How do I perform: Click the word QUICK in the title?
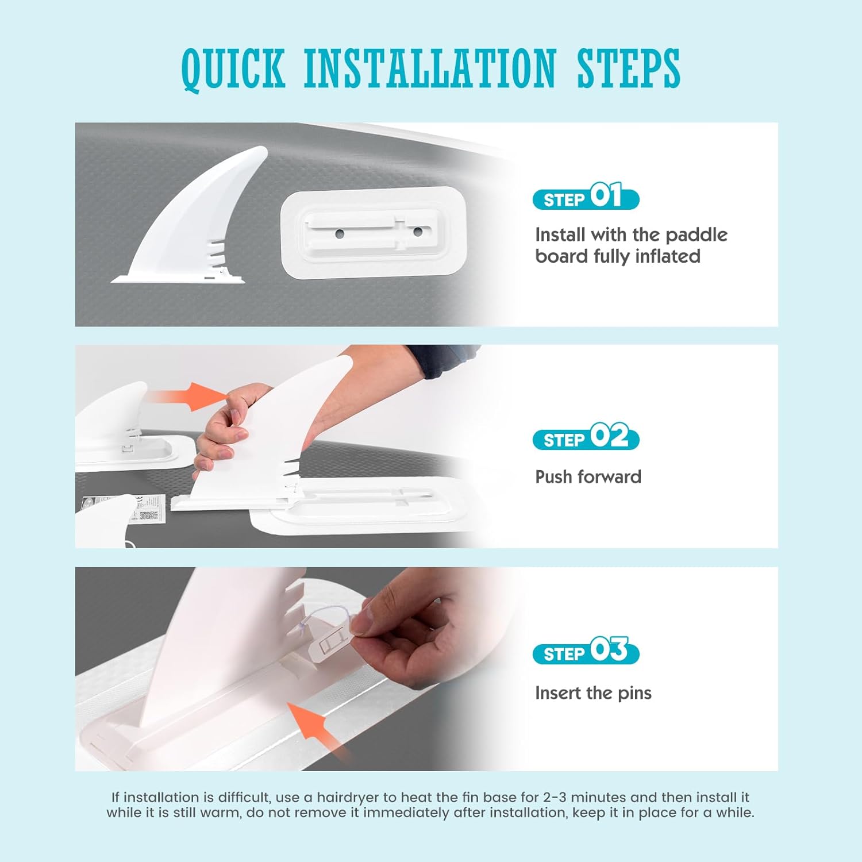click(x=233, y=69)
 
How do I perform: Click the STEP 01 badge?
click(x=586, y=197)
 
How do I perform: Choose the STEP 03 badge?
click(x=586, y=651)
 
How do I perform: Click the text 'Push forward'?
click(x=588, y=476)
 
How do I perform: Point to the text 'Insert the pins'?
click(x=593, y=693)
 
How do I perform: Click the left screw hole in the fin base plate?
click(x=340, y=233)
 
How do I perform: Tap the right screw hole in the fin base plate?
click(x=418, y=232)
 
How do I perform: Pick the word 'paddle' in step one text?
click(x=696, y=235)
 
